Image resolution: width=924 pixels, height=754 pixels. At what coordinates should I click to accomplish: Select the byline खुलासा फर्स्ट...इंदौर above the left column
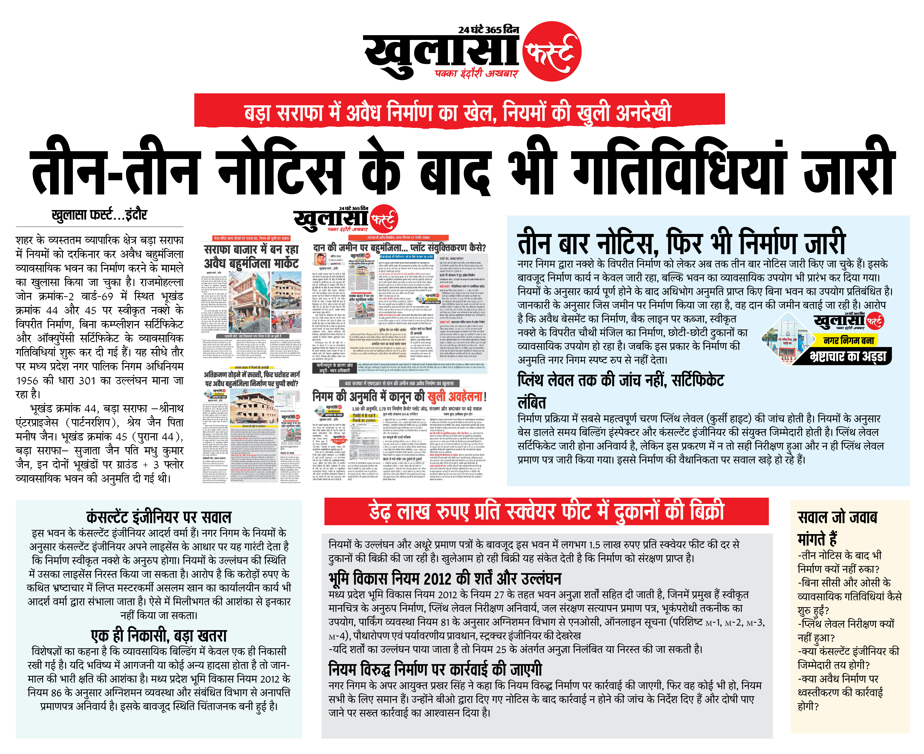coord(99,215)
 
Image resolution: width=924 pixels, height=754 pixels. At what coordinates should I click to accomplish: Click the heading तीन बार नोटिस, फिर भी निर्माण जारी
coord(681,243)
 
